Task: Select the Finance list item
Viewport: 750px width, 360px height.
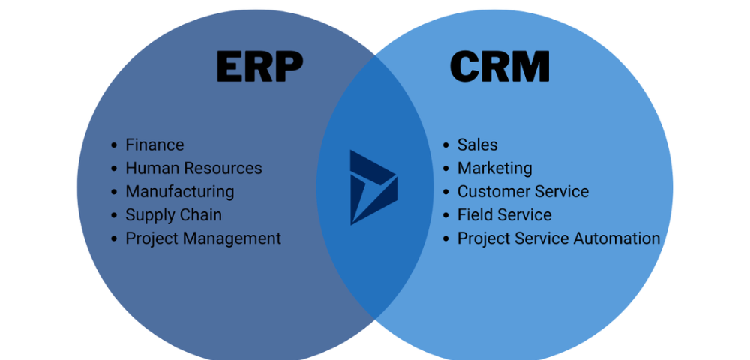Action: (x=154, y=145)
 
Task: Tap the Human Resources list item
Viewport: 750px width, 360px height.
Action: (x=193, y=168)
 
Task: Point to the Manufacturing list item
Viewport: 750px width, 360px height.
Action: (x=180, y=191)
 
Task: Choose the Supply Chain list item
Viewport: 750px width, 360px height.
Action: (x=173, y=214)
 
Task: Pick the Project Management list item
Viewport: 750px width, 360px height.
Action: (x=203, y=238)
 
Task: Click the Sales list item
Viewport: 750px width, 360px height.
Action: (x=478, y=145)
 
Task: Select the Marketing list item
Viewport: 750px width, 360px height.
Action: (x=495, y=168)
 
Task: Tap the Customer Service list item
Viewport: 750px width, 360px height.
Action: (x=523, y=191)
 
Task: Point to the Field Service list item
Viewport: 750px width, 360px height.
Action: (x=504, y=214)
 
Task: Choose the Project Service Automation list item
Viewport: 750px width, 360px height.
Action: (x=559, y=238)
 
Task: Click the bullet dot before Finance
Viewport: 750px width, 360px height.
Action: (x=114, y=145)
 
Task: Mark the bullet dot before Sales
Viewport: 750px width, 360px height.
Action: (x=446, y=145)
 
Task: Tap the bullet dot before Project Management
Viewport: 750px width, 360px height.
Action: (x=114, y=239)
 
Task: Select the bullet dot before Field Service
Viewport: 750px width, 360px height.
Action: (x=446, y=215)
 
